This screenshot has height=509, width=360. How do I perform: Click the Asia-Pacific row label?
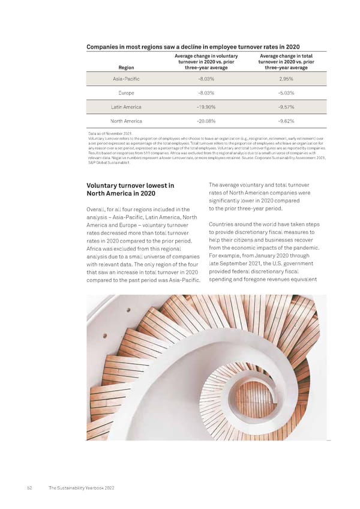pos(127,79)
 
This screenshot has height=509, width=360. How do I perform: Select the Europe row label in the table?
pos(127,93)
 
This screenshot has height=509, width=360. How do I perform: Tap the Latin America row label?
pos(126,107)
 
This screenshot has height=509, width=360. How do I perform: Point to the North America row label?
pos(126,120)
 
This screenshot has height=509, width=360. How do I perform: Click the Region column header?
pos(126,68)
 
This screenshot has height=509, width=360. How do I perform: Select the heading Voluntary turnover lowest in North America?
pos(131,189)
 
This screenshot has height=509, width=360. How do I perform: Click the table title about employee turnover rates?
pos(193,47)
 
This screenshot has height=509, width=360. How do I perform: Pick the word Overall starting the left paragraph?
pos(98,209)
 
